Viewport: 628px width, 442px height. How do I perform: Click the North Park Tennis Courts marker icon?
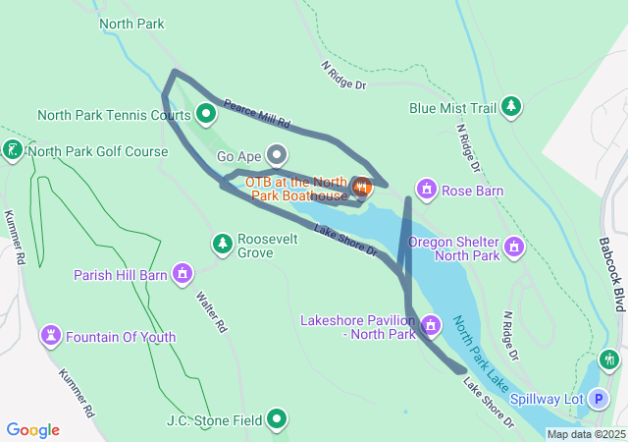(206, 114)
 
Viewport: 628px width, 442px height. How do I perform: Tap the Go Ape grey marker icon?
(278, 155)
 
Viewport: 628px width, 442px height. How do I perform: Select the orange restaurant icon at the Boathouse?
(361, 187)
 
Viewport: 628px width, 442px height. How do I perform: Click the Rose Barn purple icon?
(426, 188)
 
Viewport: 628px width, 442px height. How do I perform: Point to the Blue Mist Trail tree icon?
(510, 106)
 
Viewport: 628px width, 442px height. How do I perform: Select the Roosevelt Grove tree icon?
(223, 243)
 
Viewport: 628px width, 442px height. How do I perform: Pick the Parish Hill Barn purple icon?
(182, 274)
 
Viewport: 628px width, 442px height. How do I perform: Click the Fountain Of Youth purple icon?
(51, 337)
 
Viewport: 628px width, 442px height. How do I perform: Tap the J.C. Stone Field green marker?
(278, 420)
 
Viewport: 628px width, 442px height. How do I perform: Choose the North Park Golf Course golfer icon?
(13, 151)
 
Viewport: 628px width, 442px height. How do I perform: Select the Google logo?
(33, 430)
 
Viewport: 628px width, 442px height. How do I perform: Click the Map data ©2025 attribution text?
(586, 434)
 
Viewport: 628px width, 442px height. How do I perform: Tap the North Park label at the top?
(131, 23)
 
